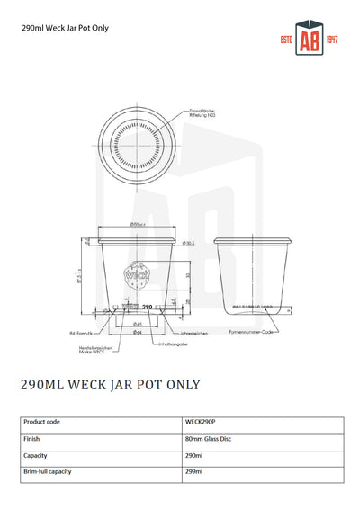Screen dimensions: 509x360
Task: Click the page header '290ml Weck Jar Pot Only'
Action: pos(65,28)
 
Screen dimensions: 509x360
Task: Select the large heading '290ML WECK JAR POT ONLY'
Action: pos(110,385)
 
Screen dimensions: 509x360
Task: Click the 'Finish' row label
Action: pos(32,439)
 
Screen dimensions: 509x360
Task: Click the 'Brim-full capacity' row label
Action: pos(48,471)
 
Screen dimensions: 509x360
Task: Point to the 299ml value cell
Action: pos(193,471)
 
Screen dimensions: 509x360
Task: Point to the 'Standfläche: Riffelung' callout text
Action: pos(202,114)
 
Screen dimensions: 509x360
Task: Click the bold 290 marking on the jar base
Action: pos(148,308)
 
